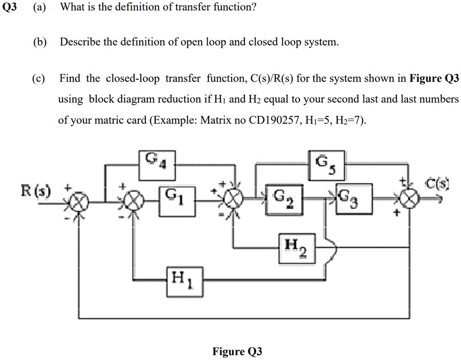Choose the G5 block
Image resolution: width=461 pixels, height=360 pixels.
click(325, 166)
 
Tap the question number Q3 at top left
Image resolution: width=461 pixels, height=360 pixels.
click(10, 8)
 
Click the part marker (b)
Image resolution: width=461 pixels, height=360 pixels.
click(40, 42)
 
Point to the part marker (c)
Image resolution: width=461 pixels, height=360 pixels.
click(40, 78)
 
